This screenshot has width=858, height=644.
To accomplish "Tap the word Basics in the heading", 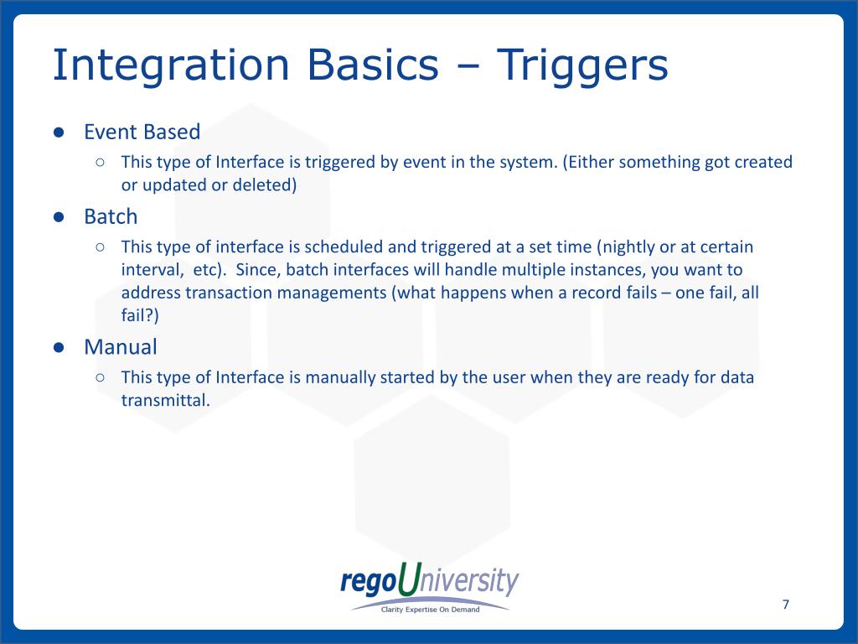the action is coord(373,65).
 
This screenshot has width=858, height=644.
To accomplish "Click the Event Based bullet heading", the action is coord(142,132).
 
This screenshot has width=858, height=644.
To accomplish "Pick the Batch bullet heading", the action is coord(111,216).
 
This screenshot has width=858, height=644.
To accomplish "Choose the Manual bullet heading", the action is coord(121,346).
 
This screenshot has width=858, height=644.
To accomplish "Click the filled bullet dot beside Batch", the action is coord(59,217).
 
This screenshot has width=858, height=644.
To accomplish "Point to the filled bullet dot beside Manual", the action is coord(59,348).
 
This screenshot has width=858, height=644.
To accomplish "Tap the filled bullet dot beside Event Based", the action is coord(59,132).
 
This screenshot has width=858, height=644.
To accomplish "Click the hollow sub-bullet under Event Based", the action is coord(100,162).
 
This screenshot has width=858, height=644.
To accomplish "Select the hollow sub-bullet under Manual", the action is coord(100,377).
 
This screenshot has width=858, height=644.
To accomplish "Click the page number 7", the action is coord(786,604).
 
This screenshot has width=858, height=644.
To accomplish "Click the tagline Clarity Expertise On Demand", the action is coord(430,610).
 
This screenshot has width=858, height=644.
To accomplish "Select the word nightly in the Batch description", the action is coord(626,247).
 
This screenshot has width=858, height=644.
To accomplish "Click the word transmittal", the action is coord(166,400).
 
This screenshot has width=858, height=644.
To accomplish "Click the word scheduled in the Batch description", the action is coord(344,247).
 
